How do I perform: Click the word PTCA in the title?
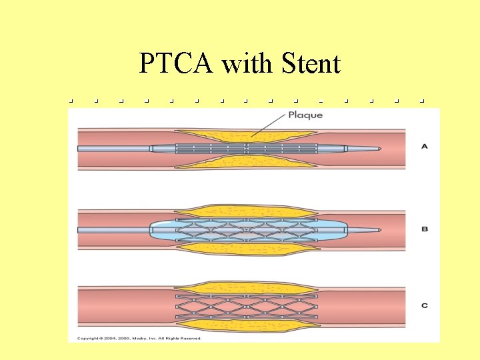[x=177, y=64]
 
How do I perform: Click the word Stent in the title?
[x=311, y=64]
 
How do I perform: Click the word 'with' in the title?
[x=248, y=64]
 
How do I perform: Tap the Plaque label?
[x=305, y=115]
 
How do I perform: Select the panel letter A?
[x=425, y=146]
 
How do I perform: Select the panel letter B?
[x=425, y=229]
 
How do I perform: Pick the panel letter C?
[x=425, y=305]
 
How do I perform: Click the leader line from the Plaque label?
[x=267, y=126]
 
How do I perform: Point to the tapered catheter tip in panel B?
[x=365, y=230]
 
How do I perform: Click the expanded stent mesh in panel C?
[x=247, y=305]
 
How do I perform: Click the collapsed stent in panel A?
[x=247, y=148]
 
